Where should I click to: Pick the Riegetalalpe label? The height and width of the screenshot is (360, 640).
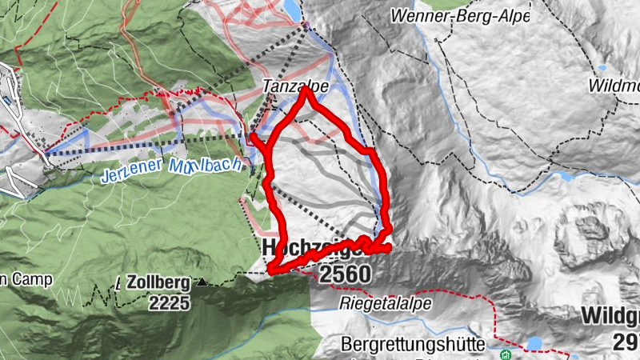[386, 304]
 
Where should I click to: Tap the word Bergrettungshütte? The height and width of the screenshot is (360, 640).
[413, 345]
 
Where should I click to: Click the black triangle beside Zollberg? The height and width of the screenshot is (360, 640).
[202, 282]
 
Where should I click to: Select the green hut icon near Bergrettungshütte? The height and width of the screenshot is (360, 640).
[505, 354]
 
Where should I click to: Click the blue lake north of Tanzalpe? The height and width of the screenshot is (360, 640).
[293, 10]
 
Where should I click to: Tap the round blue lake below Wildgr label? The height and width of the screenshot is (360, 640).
[534, 344]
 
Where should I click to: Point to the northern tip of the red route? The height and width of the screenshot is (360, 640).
[306, 90]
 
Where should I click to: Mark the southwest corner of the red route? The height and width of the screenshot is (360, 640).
[271, 270]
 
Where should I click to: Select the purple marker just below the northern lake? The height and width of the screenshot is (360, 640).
[306, 26]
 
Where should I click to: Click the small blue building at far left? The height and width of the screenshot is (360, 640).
[6, 102]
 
